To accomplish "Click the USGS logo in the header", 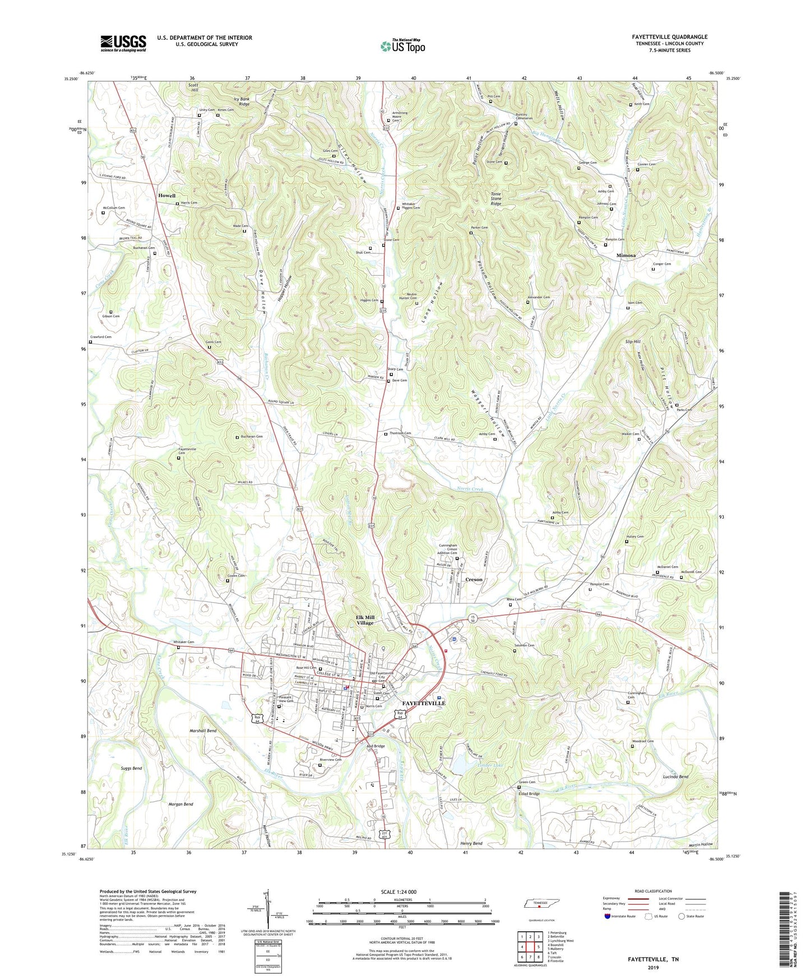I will (x=123, y=43).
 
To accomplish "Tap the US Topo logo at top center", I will (x=402, y=46).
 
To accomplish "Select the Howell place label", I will (x=166, y=196).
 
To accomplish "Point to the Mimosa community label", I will (x=626, y=255).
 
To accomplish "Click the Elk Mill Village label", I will (x=365, y=620).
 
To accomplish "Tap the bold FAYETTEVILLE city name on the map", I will (x=424, y=703).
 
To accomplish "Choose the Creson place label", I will (x=474, y=580).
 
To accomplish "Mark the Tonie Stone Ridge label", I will (x=496, y=198).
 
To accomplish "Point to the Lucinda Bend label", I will (x=675, y=777).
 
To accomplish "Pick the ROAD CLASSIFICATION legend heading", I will (x=653, y=891).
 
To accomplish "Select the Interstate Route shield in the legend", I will (x=608, y=916).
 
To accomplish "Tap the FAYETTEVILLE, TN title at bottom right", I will (x=652, y=959).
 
